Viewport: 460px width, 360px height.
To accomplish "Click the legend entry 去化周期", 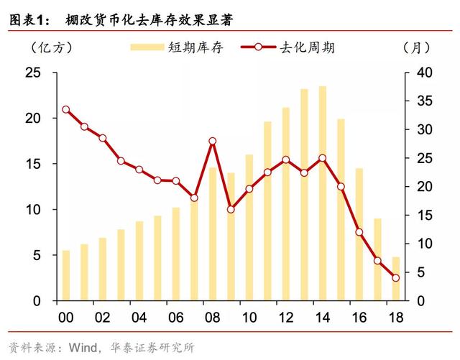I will (308, 48).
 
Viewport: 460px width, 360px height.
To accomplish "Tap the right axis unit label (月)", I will (418, 48).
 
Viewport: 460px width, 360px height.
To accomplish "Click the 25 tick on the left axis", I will (33, 73).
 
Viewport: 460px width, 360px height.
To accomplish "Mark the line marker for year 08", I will (212, 141).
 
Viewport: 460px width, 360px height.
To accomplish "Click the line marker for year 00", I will (66, 110).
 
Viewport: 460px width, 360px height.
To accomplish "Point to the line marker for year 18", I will (395, 277).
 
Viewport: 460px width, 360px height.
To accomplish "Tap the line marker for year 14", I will (322, 158).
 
